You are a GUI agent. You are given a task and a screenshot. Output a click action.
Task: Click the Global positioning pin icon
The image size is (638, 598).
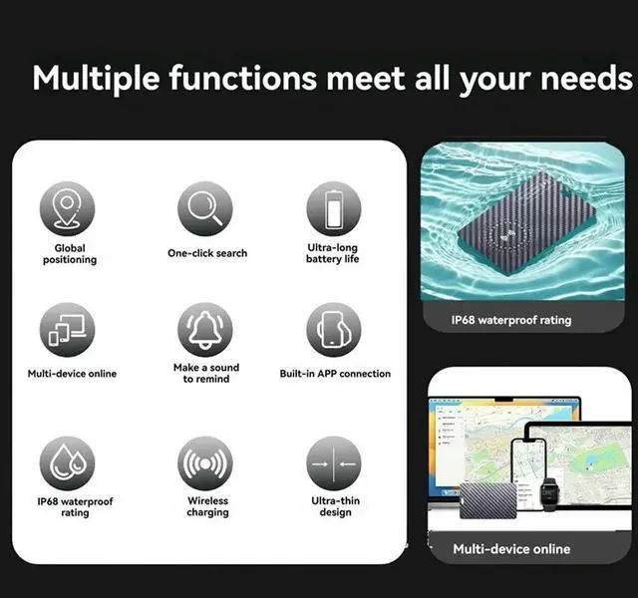(68, 209)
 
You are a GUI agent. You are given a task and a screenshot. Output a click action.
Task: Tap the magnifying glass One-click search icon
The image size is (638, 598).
(205, 209)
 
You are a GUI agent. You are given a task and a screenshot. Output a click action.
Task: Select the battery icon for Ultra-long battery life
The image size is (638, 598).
(333, 209)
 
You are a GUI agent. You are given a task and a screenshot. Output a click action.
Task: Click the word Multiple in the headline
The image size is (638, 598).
(96, 77)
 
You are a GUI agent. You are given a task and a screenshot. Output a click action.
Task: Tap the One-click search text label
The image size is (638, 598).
(207, 253)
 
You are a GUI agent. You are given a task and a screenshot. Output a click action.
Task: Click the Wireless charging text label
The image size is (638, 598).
(207, 506)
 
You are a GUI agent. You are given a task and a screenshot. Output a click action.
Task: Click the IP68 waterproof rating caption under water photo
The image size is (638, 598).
(511, 320)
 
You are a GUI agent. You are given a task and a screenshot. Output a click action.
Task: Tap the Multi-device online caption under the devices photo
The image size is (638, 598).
(511, 548)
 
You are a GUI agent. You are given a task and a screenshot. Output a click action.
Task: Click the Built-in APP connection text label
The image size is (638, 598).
(335, 374)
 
